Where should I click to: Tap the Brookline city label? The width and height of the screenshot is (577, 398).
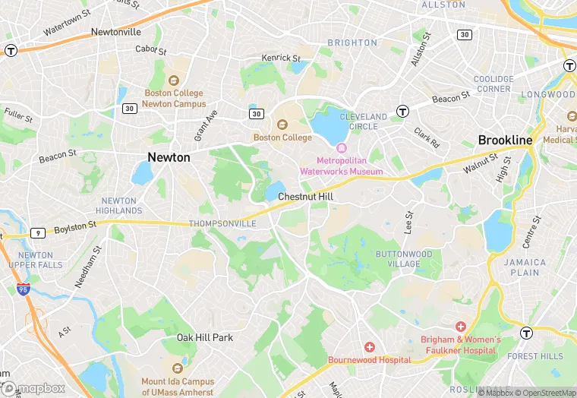tap(505, 141)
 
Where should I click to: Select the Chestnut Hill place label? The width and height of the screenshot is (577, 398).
tap(306, 196)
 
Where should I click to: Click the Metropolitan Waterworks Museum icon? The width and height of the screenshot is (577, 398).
tap(342, 148)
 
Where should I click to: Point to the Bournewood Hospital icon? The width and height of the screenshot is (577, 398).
tap(369, 346)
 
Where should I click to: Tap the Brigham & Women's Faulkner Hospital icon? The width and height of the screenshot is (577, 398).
tap(461, 326)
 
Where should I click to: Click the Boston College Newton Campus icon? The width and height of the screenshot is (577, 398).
tap(174, 81)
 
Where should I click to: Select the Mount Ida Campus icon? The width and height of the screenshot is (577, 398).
tap(177, 369)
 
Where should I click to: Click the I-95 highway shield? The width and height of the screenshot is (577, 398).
tap(23, 289)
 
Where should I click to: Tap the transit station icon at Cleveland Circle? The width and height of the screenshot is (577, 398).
tap(402, 111)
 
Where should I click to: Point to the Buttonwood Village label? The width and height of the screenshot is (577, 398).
tap(404, 259)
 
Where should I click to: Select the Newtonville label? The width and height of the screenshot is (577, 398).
tap(116, 32)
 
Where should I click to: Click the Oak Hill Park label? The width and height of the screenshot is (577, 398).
tap(205, 337)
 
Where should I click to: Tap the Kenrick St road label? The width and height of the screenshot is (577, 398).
tap(281, 58)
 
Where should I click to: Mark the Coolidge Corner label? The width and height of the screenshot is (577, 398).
tap(493, 84)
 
